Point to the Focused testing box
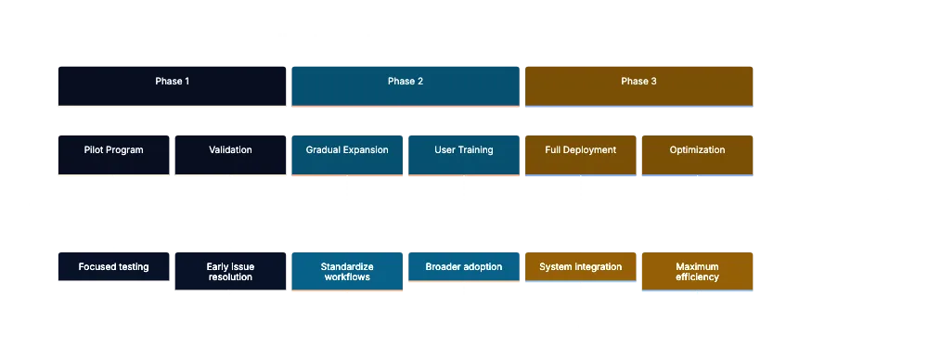[113, 267]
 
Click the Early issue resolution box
[230, 272]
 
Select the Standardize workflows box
[347, 272]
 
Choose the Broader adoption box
[463, 267]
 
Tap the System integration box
[581, 267]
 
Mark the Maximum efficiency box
[697, 272]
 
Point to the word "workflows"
[347, 277]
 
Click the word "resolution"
[230, 277]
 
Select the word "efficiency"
[697, 277]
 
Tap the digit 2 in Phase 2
[420, 82]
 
